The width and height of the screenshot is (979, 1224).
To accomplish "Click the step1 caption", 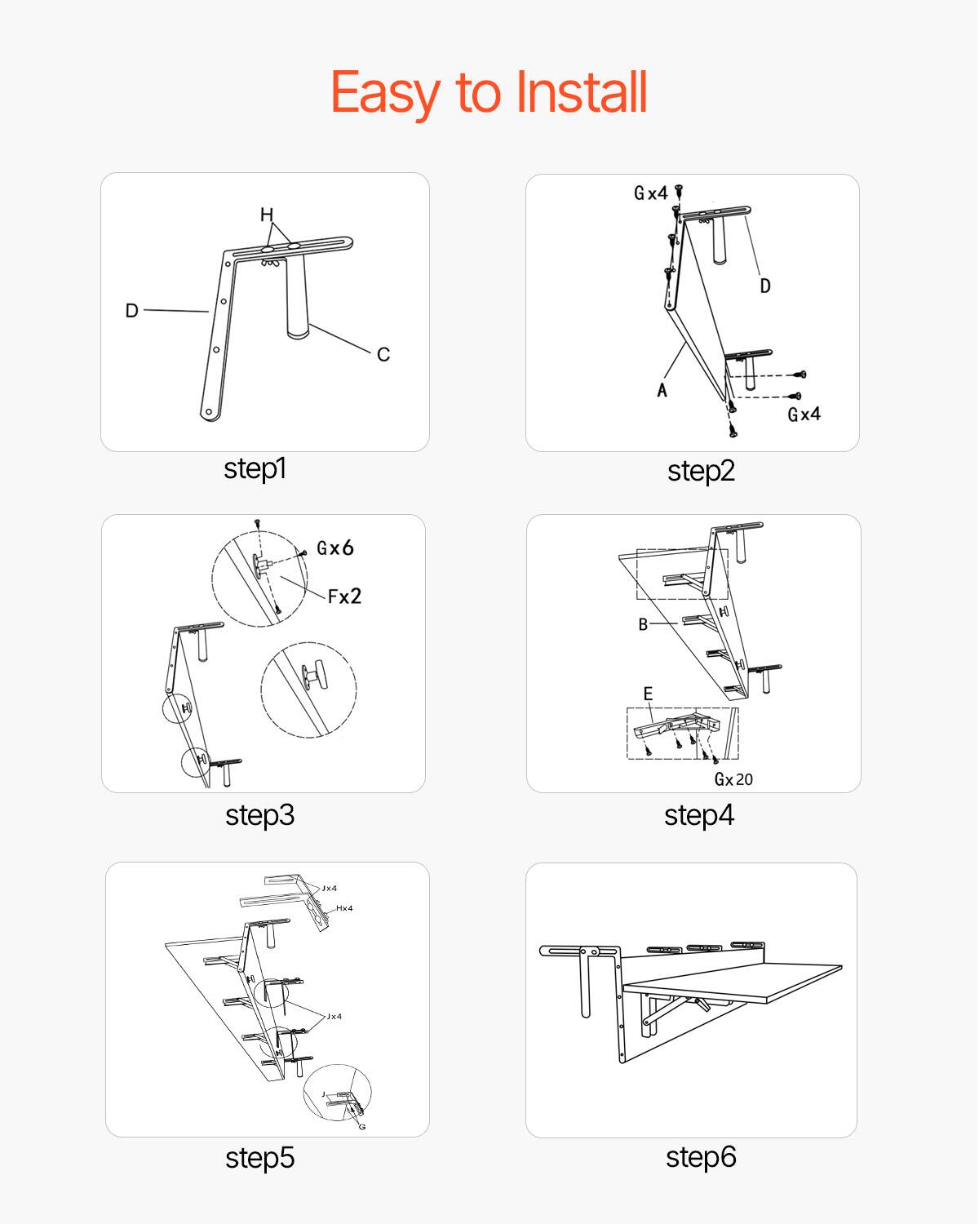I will pyautogui.click(x=255, y=468).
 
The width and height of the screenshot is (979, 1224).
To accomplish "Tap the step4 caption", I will pyautogui.click(x=698, y=815).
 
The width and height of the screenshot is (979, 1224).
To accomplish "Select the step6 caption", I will pyautogui.click(x=700, y=1156).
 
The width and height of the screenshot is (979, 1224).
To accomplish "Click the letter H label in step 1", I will pyautogui.click(x=267, y=215).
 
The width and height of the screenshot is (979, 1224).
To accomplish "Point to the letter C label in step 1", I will pyautogui.click(x=383, y=354).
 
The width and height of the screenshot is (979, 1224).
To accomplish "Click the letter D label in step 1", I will pyautogui.click(x=131, y=310).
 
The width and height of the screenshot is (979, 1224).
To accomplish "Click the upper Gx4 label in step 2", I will pyautogui.click(x=650, y=193).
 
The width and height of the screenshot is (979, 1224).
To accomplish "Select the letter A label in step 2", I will pyautogui.click(x=662, y=390).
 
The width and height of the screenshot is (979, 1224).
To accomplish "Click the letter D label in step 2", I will pyautogui.click(x=764, y=286).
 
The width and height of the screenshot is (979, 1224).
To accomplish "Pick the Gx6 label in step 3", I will pyautogui.click(x=335, y=548).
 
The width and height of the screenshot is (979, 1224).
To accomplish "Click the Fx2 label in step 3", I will pyautogui.click(x=344, y=596).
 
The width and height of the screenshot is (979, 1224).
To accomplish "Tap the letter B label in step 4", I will pyautogui.click(x=643, y=624).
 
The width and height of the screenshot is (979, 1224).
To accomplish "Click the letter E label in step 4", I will pyautogui.click(x=648, y=694).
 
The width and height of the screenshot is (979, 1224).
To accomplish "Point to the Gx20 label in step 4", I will pyautogui.click(x=733, y=779).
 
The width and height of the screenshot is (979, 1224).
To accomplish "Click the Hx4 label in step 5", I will pyautogui.click(x=344, y=908).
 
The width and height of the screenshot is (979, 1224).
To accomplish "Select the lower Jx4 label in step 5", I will pyautogui.click(x=334, y=1017).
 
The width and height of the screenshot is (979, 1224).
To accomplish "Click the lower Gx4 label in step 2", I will pyautogui.click(x=804, y=415).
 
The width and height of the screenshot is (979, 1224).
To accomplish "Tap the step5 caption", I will pyautogui.click(x=259, y=1157).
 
